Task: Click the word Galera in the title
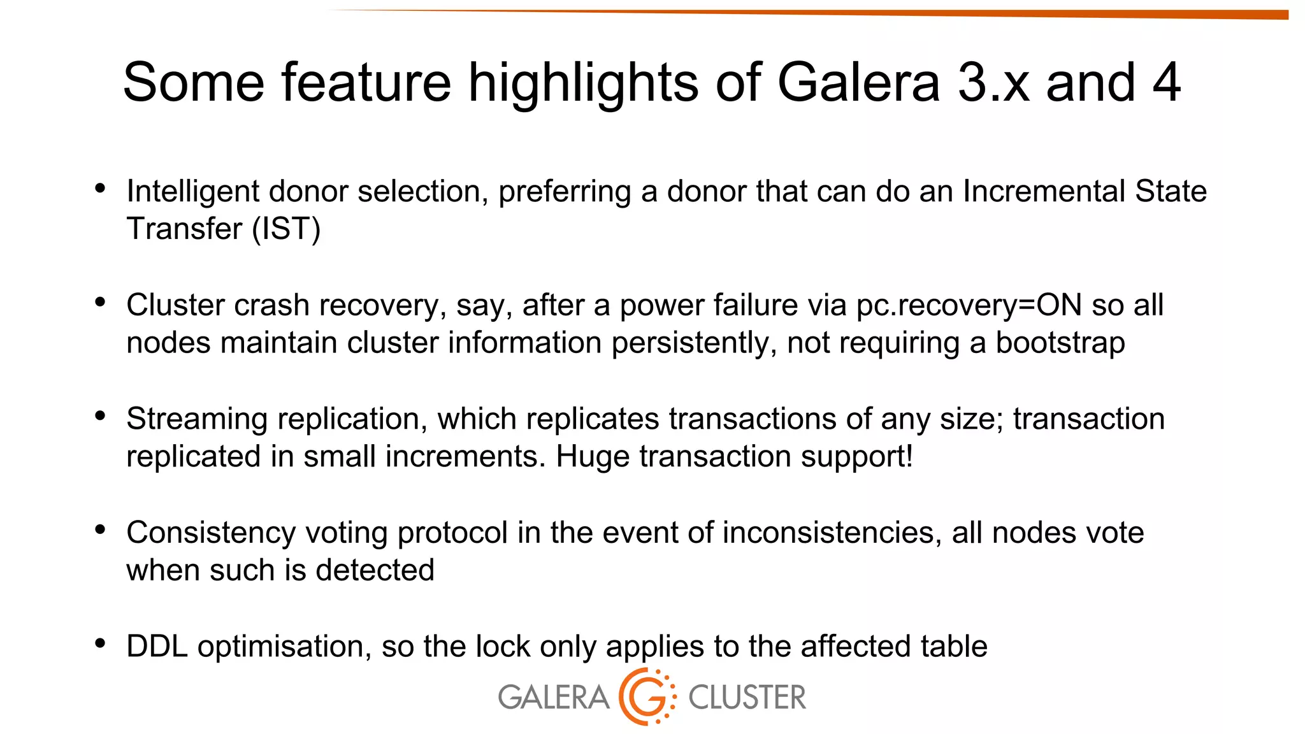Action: pos(858,83)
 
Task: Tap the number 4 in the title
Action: pos(1166,83)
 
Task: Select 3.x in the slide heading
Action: pos(993,83)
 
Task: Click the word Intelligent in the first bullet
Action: pos(192,191)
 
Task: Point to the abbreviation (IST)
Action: pos(286,229)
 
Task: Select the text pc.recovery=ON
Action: pos(969,305)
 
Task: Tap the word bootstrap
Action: pos(1060,343)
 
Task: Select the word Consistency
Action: pos(211,533)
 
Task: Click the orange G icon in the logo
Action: pos(645,697)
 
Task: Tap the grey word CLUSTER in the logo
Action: pos(747,697)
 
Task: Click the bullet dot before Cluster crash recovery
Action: pos(100,302)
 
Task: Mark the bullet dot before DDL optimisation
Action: pos(100,644)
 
